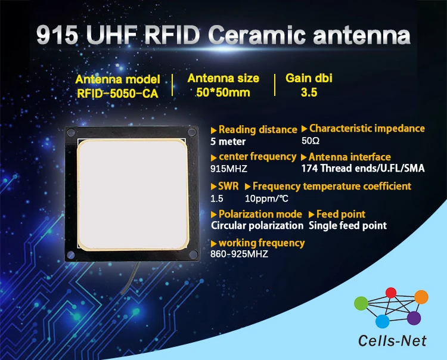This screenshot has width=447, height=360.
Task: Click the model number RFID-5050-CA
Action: tap(117, 94)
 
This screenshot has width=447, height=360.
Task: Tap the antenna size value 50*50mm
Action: tap(223, 92)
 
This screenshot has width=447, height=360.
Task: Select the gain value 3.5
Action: tap(309, 92)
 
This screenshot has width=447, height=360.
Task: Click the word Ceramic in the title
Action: tap(258, 35)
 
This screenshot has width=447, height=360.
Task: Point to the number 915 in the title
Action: tap(57, 35)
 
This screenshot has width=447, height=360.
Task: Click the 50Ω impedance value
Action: tap(311, 141)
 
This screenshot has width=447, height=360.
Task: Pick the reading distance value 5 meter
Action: tap(228, 141)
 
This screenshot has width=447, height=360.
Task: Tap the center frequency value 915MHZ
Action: tap(229, 169)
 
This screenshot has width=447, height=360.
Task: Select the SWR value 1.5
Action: tap(217, 198)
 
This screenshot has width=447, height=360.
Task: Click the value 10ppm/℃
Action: tap(266, 198)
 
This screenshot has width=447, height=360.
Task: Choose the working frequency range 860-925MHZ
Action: tap(239, 254)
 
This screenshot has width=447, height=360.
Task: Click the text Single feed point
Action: tap(347, 225)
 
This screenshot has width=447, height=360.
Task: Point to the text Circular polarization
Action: tap(257, 225)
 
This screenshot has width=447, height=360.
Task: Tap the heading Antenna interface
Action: tap(349, 157)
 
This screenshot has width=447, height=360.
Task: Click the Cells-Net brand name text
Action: tap(392, 340)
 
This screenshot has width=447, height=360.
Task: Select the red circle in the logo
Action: tap(391, 293)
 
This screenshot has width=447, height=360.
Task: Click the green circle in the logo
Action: tap(361, 303)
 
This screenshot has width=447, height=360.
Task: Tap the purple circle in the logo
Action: tap(414, 318)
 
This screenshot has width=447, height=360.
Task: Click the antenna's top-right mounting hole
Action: tap(192, 132)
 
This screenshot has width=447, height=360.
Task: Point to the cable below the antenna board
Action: tap(131, 278)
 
